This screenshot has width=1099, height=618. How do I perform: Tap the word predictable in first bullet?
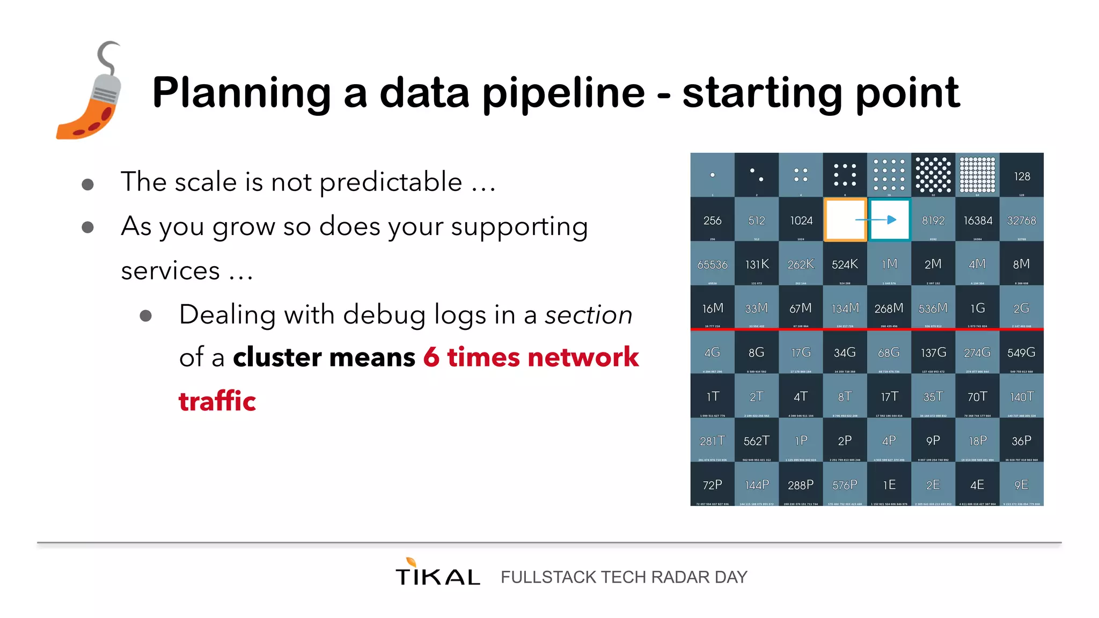point(391,182)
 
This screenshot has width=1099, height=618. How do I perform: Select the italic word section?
point(589,315)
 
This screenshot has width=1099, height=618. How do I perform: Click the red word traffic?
point(217,402)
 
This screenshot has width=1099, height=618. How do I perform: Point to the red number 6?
point(431,357)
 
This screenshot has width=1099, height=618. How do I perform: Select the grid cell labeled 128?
point(1022,176)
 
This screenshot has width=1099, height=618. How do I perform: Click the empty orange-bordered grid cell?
point(845,220)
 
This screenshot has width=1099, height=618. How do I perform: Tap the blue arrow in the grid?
point(891,220)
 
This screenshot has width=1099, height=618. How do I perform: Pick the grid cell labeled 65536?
point(712,264)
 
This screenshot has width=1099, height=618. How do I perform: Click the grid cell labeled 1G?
point(977,308)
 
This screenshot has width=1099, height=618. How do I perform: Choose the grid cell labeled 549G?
point(1021,353)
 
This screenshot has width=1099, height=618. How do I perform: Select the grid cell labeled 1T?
point(712,397)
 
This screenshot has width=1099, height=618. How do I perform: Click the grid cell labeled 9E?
point(1021,485)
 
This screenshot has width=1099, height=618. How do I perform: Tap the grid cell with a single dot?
point(712,175)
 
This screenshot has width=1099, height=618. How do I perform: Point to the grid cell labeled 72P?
point(712,485)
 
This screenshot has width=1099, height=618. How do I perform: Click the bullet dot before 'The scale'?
point(88,185)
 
